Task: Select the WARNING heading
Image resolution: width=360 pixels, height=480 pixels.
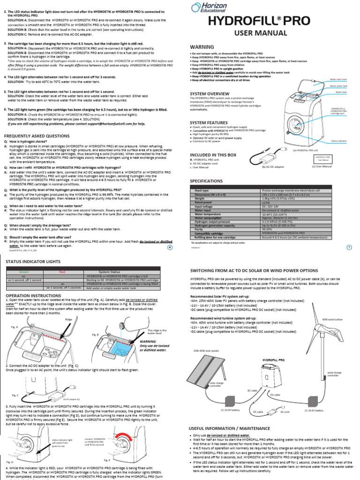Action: tap(202, 47)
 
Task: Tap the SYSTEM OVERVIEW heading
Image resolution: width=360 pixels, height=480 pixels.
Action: tap(210, 94)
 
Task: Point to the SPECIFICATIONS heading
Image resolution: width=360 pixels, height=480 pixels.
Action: tap(206, 181)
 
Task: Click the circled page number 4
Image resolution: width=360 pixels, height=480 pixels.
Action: tap(170, 248)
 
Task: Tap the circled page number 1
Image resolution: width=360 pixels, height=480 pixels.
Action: tap(349, 248)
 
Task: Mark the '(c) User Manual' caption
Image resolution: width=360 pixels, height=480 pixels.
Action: tap(322, 166)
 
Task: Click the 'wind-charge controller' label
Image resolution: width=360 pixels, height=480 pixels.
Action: tap(334, 374)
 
